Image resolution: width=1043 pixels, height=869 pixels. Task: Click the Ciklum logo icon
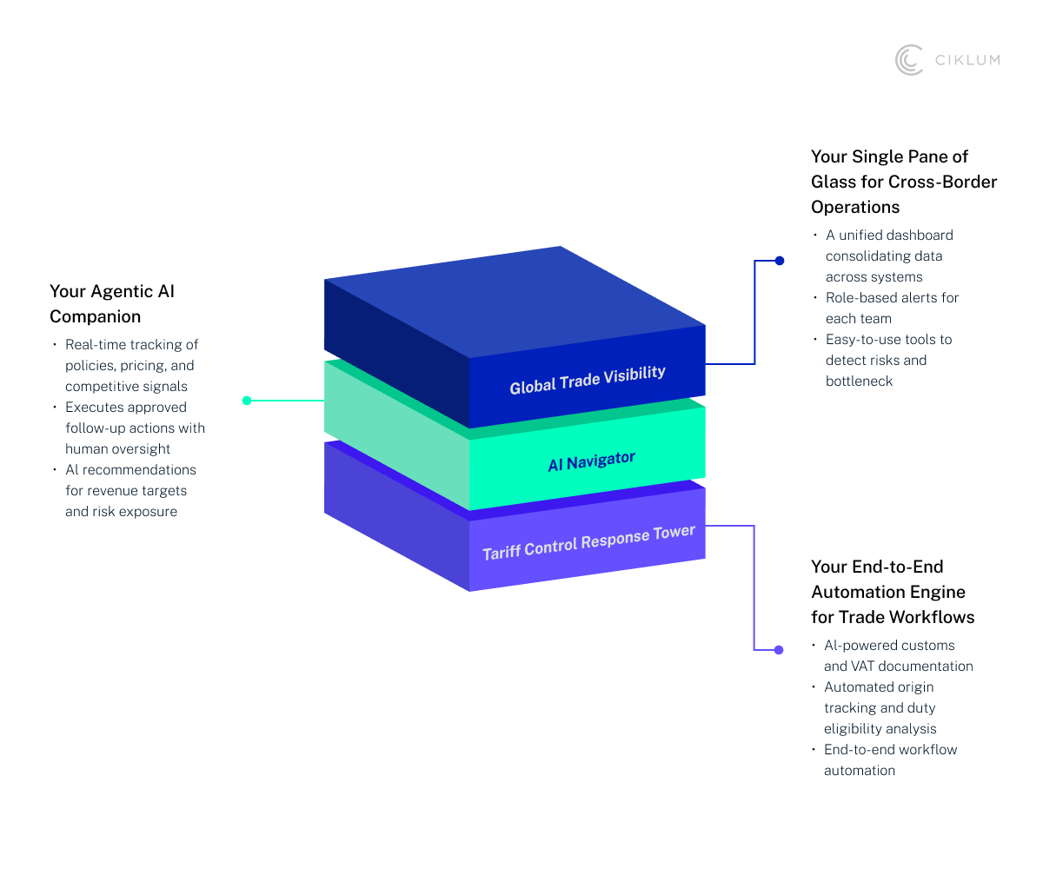click(x=909, y=60)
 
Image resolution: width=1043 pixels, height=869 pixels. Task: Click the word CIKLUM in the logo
click(x=967, y=60)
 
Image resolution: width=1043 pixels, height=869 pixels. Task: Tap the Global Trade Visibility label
click(x=588, y=380)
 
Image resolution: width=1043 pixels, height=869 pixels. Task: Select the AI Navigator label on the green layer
click(x=591, y=461)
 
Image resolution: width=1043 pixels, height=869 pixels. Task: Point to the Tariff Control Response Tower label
click(x=588, y=541)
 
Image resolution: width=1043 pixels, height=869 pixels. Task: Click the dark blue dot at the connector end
click(x=780, y=260)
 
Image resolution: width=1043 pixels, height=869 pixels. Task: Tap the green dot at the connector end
click(x=247, y=401)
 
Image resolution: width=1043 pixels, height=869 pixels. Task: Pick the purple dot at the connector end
click(x=779, y=650)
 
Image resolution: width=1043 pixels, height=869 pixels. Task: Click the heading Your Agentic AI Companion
click(x=112, y=303)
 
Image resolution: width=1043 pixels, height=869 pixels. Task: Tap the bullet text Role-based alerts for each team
click(x=892, y=308)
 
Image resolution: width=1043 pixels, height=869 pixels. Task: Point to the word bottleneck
click(x=859, y=381)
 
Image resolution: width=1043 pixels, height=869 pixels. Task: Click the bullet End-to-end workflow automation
click(x=890, y=760)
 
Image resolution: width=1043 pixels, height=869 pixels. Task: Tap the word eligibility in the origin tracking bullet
click(x=853, y=728)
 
